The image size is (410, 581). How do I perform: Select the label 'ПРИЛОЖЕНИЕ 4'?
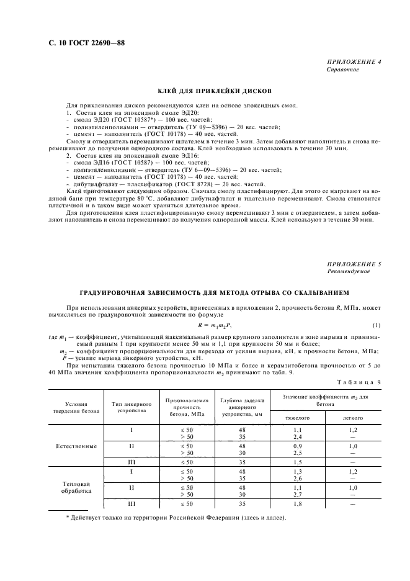pyautogui.click(x=354, y=63)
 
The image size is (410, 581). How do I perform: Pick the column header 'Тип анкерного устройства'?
pyautogui.click(x=131, y=407)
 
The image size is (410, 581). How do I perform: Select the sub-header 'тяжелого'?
pyautogui.click(x=297, y=418)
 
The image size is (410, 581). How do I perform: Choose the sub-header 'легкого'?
pyautogui.click(x=353, y=418)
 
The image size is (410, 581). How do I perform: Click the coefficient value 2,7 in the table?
pyautogui.click(x=297, y=495)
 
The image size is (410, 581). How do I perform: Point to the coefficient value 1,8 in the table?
pyautogui.click(x=297, y=504)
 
